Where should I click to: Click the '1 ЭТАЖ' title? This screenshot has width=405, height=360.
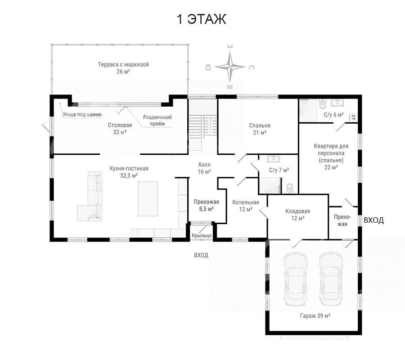tap(201, 19)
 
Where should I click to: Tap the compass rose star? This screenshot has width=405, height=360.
tap(229, 67)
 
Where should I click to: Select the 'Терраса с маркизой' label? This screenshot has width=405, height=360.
tap(123, 64)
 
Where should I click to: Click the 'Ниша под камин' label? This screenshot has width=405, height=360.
tap(82, 114)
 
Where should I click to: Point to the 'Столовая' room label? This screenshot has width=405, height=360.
tap(120, 125)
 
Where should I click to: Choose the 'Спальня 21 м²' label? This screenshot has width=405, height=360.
tap(260, 129)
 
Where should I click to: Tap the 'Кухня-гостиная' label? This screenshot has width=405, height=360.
tap(129, 169)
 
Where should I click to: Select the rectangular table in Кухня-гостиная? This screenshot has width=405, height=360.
tap(148, 199)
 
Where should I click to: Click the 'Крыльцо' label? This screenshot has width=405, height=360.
tap(202, 235)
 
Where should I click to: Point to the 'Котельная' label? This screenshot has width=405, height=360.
tap(246, 202)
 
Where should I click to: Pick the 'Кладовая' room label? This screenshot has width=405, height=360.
tap(297, 211)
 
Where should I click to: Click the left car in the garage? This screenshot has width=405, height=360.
tap(296, 279)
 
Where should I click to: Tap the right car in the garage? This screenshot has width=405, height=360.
tap(331, 279)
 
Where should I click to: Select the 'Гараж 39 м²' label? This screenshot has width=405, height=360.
tap(315, 315)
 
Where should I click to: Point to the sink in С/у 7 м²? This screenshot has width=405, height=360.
tap(272, 159)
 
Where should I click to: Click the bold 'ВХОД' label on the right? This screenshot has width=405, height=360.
tap(373, 220)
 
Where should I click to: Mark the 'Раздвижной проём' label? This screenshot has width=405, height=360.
tap(157, 120)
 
